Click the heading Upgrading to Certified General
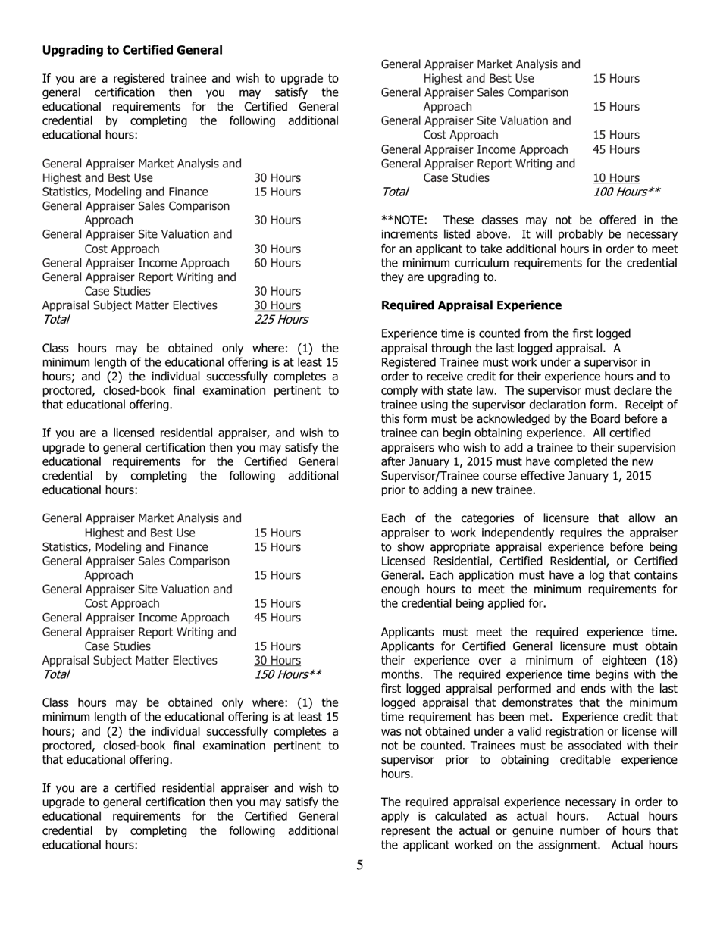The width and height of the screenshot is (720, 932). click(x=133, y=50)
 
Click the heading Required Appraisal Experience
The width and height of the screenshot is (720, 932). click(x=471, y=305)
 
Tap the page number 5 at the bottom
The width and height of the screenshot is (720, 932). click(x=360, y=866)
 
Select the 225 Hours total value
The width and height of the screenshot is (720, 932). click(x=280, y=320)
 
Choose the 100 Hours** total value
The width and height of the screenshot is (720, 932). click(x=627, y=192)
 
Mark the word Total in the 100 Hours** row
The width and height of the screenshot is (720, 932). click(x=395, y=192)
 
